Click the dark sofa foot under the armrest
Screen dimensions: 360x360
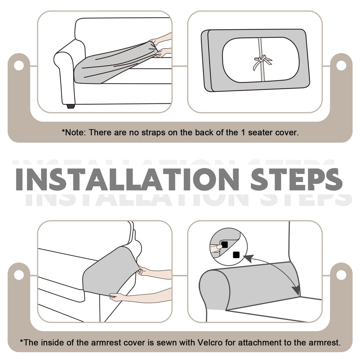[71, 106]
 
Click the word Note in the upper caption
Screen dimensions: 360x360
[75, 133]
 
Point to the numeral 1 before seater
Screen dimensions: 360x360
[243, 133]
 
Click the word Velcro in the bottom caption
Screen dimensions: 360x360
[210, 342]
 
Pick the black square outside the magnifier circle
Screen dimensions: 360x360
[236, 255]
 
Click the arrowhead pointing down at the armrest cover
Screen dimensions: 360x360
[297, 291]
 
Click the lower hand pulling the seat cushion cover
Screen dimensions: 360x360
[163, 53]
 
